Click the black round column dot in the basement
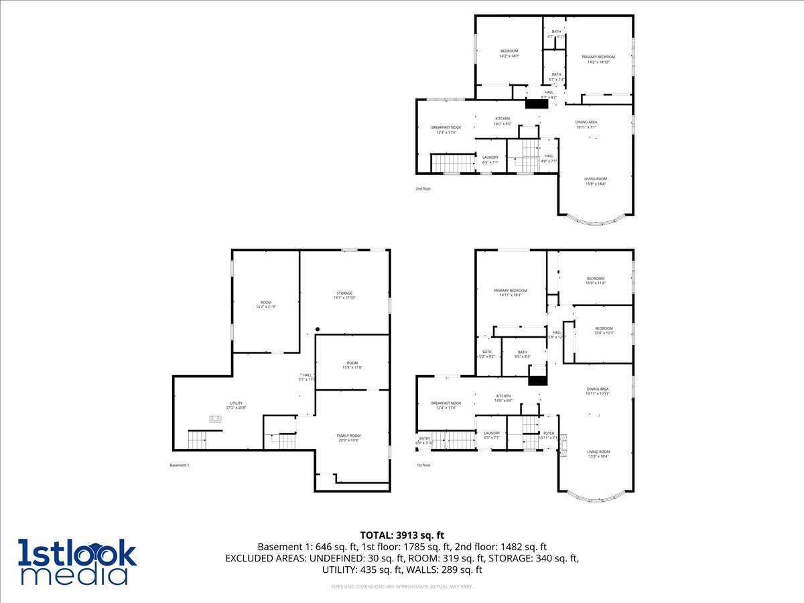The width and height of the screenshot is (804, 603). [x=318, y=329]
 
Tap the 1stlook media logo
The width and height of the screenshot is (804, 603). [x=77, y=561]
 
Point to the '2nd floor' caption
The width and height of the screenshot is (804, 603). [x=423, y=189]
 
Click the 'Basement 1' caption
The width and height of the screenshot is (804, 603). [x=180, y=465]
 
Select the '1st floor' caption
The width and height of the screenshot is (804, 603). [x=423, y=465]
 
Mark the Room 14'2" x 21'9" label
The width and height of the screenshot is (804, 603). [x=266, y=304]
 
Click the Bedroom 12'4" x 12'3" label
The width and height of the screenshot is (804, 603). [x=604, y=330]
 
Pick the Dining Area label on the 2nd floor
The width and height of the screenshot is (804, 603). [x=586, y=124]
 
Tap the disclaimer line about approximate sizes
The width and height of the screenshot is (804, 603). [x=402, y=587]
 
